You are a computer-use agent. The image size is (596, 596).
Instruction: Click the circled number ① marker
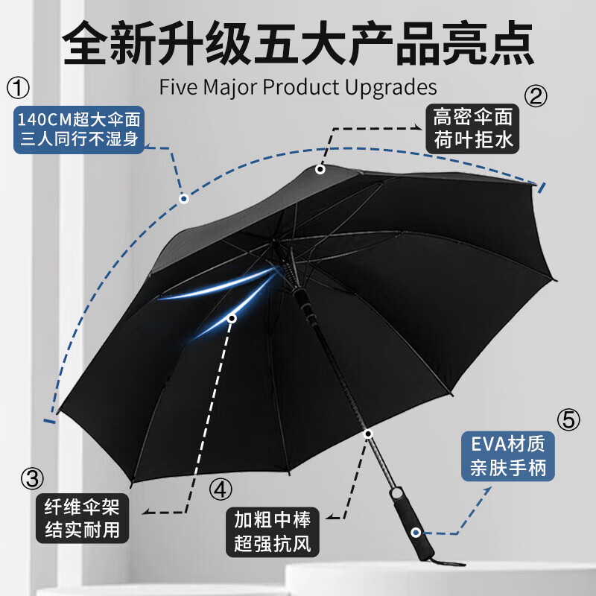[x=18, y=88]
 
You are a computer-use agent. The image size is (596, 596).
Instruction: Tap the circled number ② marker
[x=536, y=96]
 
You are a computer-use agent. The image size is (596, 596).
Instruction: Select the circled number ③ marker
[x=32, y=478]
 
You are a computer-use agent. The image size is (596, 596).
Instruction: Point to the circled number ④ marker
[x=221, y=489]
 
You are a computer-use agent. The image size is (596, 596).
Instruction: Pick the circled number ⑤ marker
[x=568, y=420]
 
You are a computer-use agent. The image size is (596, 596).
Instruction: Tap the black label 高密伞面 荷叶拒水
[x=472, y=128]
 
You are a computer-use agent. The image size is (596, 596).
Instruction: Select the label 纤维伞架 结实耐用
[x=82, y=518]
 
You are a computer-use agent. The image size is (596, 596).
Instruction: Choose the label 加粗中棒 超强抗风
[x=272, y=532]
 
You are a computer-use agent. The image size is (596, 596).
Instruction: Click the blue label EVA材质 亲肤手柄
[x=508, y=456]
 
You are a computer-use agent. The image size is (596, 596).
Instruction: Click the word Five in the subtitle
[x=178, y=87]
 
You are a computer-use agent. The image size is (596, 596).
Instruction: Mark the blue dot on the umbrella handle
[x=416, y=533]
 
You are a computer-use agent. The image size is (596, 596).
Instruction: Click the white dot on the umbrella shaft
[x=368, y=434]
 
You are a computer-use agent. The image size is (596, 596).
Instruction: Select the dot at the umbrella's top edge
[x=320, y=169]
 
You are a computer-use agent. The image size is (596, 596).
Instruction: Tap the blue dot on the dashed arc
[x=184, y=198]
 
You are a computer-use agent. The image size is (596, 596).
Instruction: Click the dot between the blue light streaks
[x=232, y=318]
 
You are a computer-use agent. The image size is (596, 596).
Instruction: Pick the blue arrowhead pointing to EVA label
[x=486, y=491]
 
